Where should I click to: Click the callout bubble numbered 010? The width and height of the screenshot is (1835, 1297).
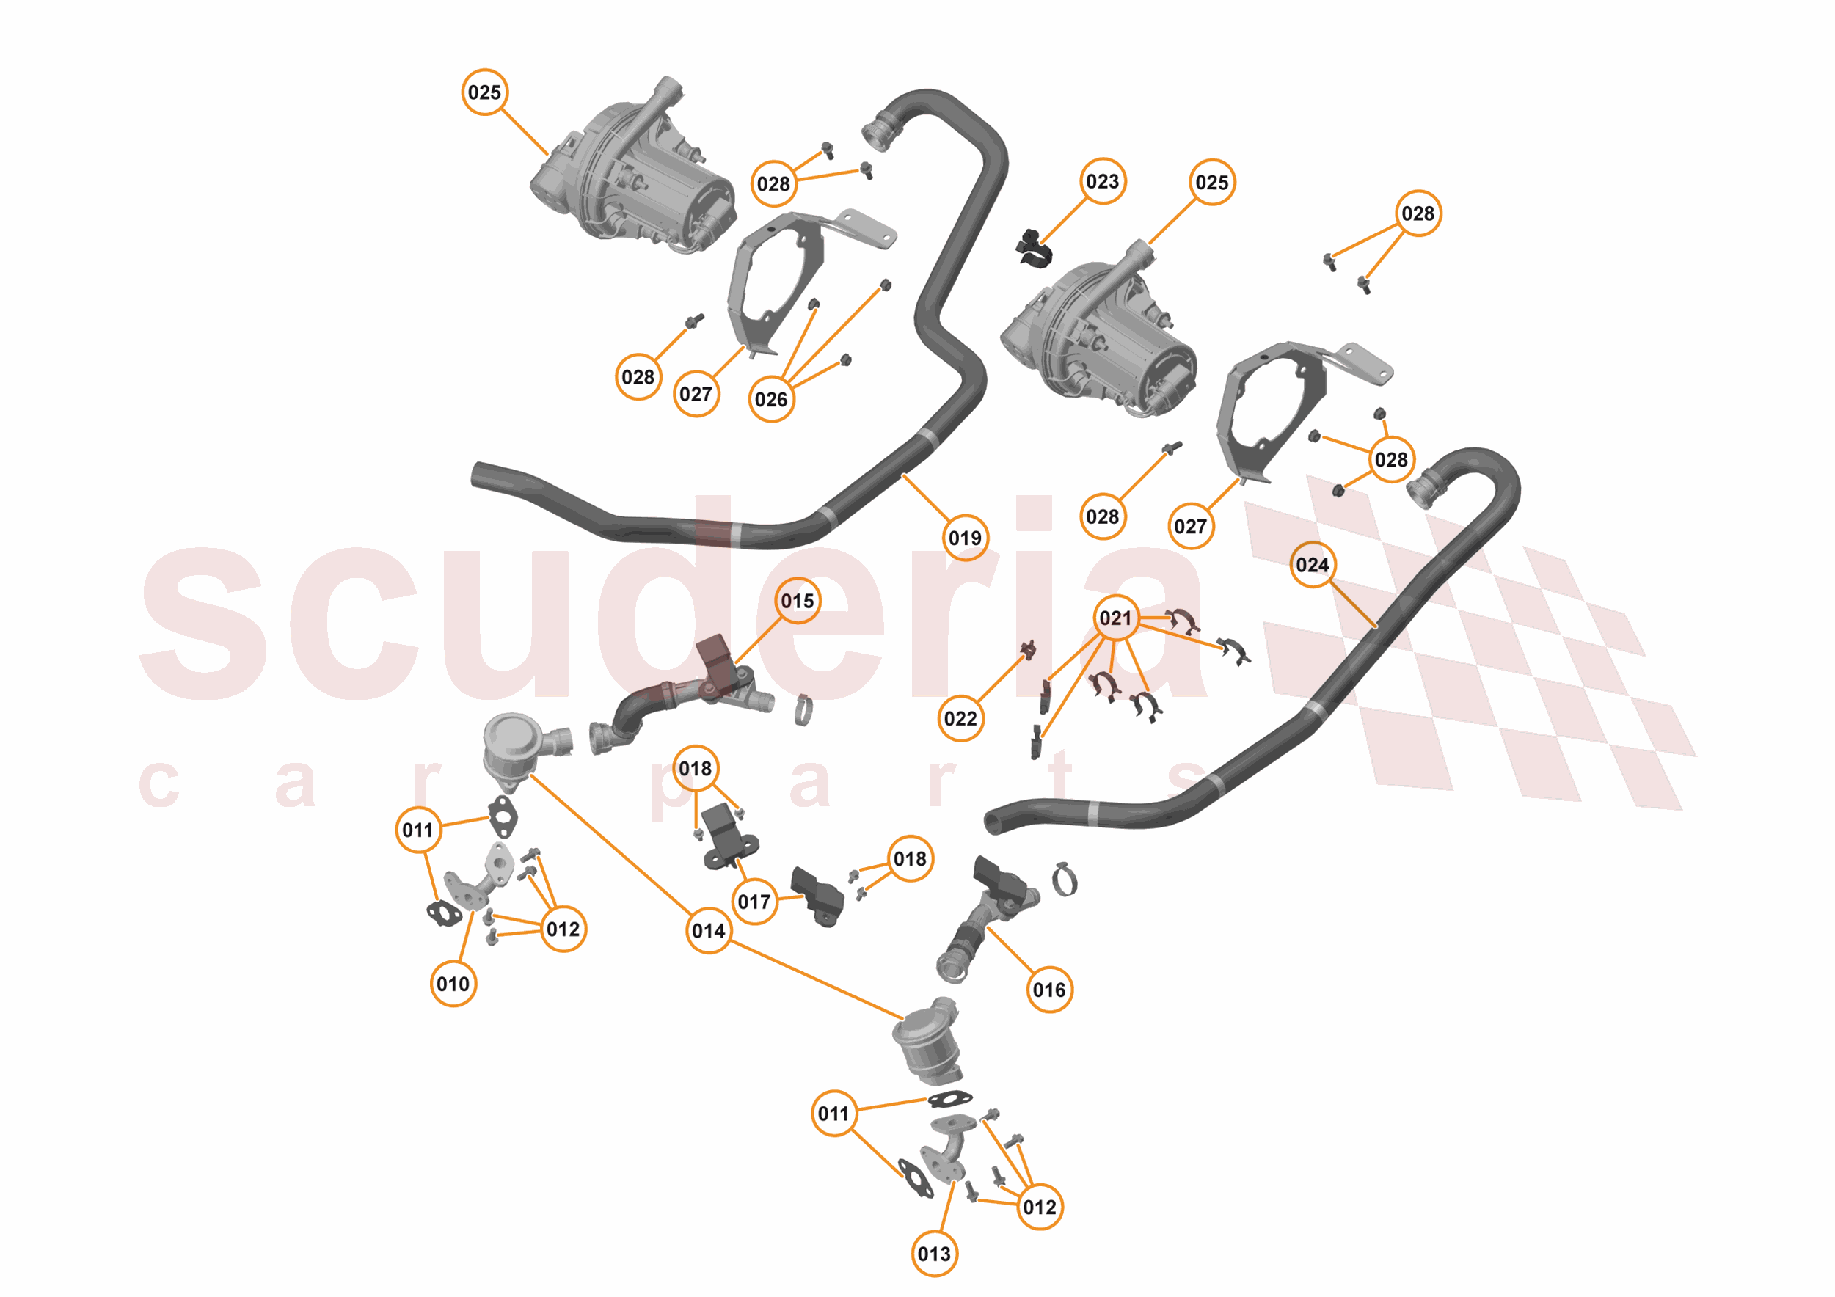(453, 983)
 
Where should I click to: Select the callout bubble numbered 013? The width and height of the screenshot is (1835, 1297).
(934, 1253)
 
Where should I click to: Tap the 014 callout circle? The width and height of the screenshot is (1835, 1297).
(709, 930)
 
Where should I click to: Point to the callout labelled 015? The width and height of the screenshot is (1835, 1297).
(798, 600)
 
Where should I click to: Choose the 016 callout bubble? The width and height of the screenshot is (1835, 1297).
(1048, 990)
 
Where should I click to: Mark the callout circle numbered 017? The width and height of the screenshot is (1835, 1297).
(754, 902)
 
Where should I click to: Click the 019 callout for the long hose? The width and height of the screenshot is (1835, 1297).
(965, 538)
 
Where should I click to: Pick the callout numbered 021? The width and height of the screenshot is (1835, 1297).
(1116, 618)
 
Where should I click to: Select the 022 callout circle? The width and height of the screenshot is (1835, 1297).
(960, 718)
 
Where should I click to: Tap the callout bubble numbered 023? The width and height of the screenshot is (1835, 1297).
(1103, 181)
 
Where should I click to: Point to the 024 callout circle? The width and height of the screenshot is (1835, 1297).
(1313, 565)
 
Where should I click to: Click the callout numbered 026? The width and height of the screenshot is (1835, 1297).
(771, 399)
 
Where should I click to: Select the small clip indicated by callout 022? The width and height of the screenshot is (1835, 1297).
(1029, 650)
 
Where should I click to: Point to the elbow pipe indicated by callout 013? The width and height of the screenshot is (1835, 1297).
(947, 1151)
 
